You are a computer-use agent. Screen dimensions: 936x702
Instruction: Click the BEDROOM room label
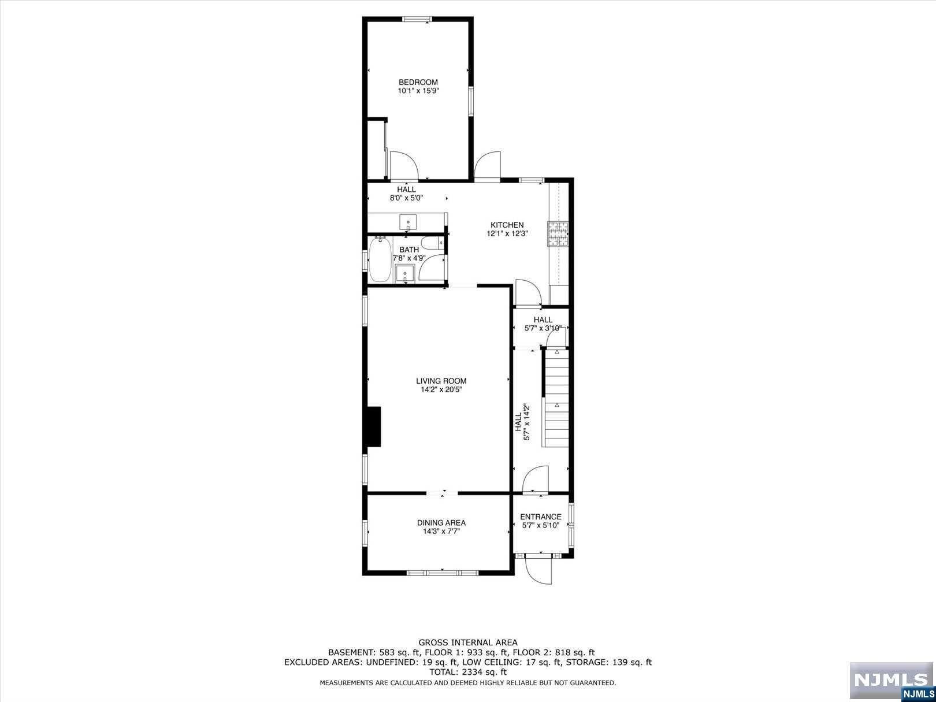418,82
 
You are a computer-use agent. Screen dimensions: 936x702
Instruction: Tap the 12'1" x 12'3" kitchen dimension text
507,233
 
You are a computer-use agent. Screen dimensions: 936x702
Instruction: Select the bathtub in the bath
380,259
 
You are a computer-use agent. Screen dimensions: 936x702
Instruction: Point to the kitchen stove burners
558,234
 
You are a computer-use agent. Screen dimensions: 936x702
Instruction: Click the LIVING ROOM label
441,381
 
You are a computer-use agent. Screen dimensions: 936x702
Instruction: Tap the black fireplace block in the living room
374,426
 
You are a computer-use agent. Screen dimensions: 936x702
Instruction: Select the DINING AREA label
441,523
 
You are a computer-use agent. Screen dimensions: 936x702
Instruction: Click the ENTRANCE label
541,517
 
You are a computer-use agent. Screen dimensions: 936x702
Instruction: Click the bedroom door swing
404,166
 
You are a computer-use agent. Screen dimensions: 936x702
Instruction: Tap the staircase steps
556,398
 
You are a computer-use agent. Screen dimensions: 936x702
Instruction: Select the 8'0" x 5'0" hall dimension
406,198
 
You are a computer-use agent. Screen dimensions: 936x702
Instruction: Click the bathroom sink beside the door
404,274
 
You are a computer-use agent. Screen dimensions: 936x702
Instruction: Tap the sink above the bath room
408,222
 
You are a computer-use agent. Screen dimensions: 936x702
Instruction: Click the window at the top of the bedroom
418,19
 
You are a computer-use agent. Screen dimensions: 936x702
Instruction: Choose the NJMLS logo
892,681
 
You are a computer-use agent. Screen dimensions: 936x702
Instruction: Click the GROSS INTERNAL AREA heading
468,642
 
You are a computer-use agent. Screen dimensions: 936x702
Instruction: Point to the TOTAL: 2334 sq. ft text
468,672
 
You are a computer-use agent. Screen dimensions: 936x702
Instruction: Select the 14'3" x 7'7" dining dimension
441,532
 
